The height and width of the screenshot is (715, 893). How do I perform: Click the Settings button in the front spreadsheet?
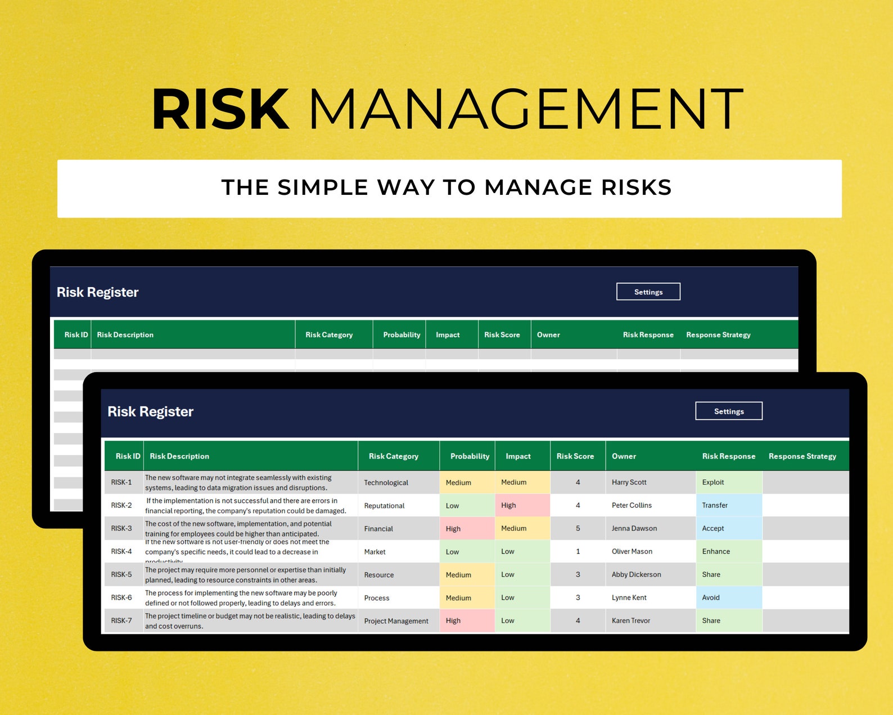729,411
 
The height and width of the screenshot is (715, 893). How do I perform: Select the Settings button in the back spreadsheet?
648,292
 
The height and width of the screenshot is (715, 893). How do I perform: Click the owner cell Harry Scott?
629,482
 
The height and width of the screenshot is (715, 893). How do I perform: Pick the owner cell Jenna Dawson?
634,528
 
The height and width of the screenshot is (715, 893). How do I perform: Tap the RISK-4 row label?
121,551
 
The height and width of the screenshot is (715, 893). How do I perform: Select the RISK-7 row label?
121,620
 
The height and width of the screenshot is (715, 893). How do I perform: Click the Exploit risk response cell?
713,482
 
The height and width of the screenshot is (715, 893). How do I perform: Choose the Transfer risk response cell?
715,505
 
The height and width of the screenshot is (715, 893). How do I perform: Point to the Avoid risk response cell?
711,597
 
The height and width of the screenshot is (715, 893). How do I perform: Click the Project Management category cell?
396,621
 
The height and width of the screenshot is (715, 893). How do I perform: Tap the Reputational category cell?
384,506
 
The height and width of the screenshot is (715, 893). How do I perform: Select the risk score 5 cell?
578,528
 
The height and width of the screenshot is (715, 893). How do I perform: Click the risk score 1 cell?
578,551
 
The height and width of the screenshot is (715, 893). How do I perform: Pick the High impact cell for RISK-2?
508,505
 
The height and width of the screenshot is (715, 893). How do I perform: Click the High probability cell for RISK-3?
453,529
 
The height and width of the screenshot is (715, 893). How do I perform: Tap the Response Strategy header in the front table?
802,456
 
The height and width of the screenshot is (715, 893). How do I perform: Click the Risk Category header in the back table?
329,334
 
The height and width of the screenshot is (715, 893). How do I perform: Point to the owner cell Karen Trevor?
631,620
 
